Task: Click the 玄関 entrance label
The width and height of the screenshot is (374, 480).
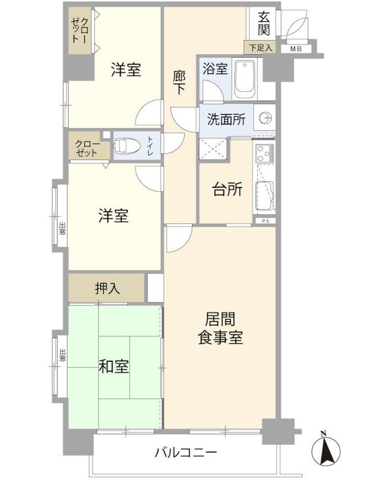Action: [264, 23]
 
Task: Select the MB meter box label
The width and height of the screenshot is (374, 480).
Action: [296, 49]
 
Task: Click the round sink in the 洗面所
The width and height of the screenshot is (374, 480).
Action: [265, 118]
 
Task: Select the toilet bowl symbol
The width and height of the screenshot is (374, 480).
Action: [126, 147]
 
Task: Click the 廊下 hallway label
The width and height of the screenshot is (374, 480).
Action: [179, 82]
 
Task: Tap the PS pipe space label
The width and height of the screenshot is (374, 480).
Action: [265, 221]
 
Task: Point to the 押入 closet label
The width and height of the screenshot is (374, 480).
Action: [108, 288]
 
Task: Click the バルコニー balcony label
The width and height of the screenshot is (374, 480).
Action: [186, 453]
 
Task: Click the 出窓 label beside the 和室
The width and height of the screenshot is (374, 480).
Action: [62, 355]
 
